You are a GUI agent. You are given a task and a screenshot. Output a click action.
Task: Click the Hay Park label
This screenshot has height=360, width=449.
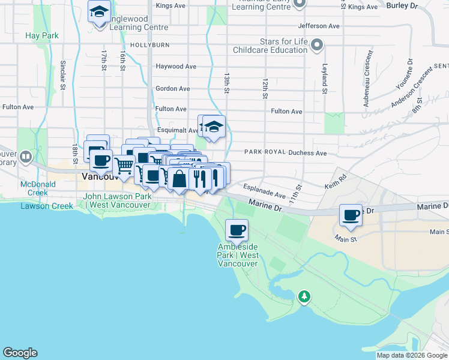click(42, 36)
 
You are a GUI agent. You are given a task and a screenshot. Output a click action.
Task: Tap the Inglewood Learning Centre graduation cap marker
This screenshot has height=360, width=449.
click(98, 11)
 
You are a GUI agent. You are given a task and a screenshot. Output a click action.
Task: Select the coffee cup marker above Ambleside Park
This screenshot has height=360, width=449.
click(237, 229)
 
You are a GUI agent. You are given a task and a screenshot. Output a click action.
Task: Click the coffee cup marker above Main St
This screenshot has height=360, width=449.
click(350, 215)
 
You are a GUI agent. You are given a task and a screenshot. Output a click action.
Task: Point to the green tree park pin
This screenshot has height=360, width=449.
click(304, 296)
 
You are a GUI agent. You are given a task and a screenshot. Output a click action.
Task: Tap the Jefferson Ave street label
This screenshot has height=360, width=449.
click(319, 26)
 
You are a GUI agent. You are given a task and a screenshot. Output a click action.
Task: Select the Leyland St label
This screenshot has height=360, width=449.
click(324, 77)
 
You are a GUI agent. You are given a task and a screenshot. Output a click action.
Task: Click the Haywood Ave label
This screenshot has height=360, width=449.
click(176, 67)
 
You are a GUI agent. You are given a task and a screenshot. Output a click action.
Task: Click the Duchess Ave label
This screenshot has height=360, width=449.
click(307, 154)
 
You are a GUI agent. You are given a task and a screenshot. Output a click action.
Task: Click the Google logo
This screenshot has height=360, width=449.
click(20, 353)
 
